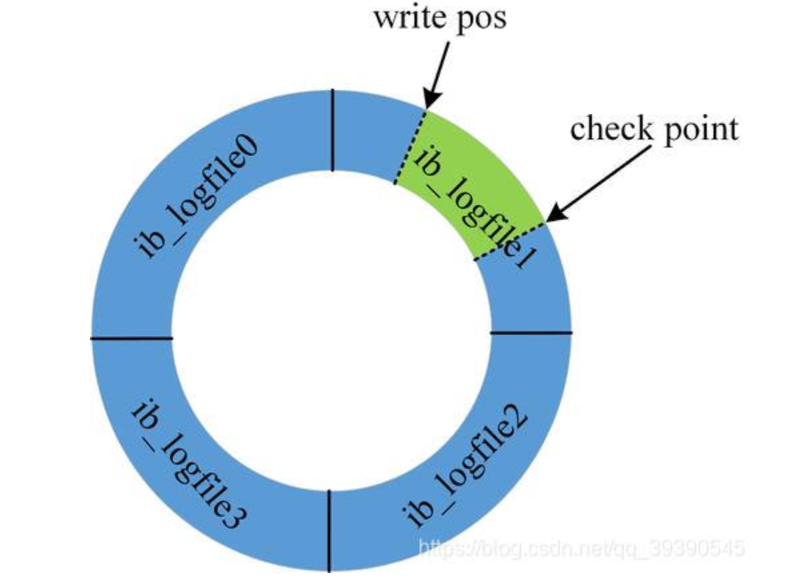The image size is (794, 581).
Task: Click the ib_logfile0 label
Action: (198, 197)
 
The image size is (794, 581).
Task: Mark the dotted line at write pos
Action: (410, 146)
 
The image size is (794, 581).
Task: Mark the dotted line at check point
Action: (510, 241)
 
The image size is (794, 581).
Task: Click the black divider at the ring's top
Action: (332, 130)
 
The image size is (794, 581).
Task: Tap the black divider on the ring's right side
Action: (531, 333)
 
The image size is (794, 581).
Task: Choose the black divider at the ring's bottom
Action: (330, 530)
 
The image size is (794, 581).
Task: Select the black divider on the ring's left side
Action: (131, 338)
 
